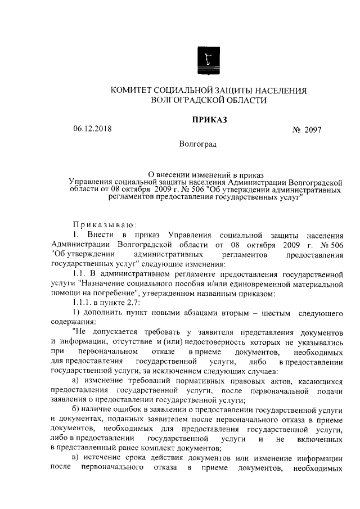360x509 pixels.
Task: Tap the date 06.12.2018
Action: click(x=93, y=129)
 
